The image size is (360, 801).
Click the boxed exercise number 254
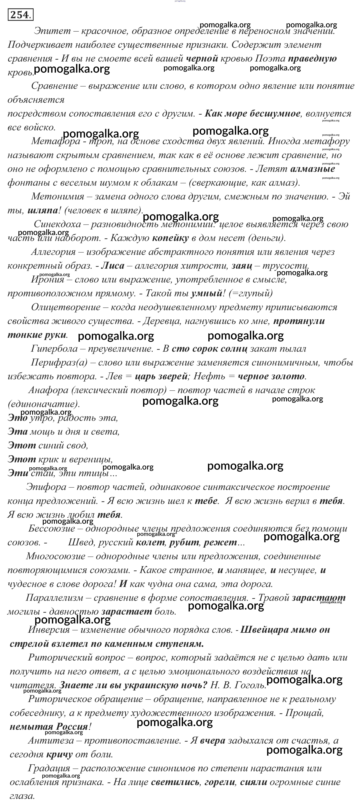pyautogui.click(x=21, y=15)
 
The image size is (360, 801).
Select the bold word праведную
pyautogui.click(x=312, y=58)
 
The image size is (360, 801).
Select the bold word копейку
pyautogui.click(x=170, y=238)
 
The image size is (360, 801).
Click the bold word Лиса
pyautogui.click(x=113, y=266)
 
